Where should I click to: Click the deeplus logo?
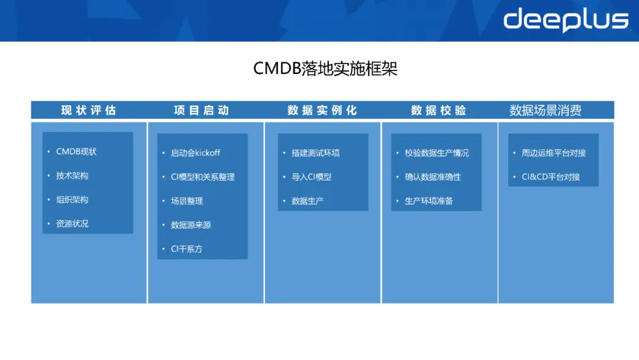pyautogui.click(x=565, y=20)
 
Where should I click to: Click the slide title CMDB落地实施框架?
pyautogui.click(x=325, y=69)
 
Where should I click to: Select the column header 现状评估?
pyautogui.click(x=89, y=110)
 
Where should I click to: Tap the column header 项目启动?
pyautogui.click(x=201, y=110)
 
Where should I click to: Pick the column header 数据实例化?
pyautogui.click(x=322, y=110)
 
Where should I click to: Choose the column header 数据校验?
pyautogui.click(x=438, y=110)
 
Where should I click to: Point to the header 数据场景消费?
pyautogui.click(x=546, y=110)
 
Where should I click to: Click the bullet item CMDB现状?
pyautogui.click(x=76, y=152)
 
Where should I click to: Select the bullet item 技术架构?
pyautogui.click(x=72, y=176)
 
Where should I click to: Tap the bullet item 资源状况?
pyautogui.click(x=72, y=224)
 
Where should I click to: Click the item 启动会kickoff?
pyautogui.click(x=195, y=153)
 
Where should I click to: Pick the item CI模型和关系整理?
pyautogui.click(x=203, y=177)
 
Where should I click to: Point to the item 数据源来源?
pyautogui.click(x=191, y=225)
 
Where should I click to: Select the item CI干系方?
pyautogui.click(x=186, y=249)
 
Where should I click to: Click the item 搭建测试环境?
pyautogui.click(x=315, y=153)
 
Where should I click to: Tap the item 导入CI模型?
pyautogui.click(x=311, y=177)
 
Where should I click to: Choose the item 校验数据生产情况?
pyautogui.click(x=437, y=153)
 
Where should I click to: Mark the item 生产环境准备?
pyautogui.click(x=429, y=201)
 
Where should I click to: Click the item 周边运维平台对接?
pyautogui.click(x=554, y=153)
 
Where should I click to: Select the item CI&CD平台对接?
pyautogui.click(x=551, y=177)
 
